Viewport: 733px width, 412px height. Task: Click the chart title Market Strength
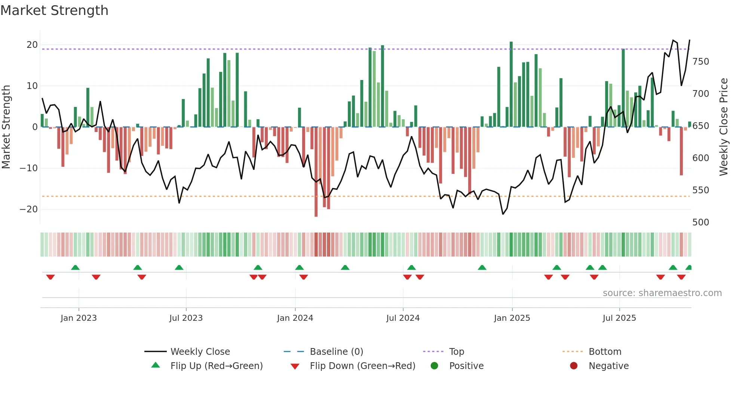coord(54,10)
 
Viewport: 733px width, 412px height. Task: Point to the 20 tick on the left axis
coord(32,45)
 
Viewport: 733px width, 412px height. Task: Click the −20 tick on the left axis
coord(29,209)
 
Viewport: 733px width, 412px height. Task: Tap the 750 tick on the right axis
coord(700,62)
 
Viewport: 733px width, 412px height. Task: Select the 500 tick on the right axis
coord(700,222)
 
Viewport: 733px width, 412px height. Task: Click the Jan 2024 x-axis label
coord(295,318)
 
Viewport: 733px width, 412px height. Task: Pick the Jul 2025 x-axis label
coord(619,318)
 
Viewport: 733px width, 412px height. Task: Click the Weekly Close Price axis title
coord(724,127)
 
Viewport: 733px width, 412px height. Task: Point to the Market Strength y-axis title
coord(6,127)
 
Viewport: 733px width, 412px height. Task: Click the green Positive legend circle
coord(434,366)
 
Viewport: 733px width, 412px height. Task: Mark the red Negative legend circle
coord(574,366)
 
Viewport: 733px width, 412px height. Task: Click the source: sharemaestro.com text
coord(662,293)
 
